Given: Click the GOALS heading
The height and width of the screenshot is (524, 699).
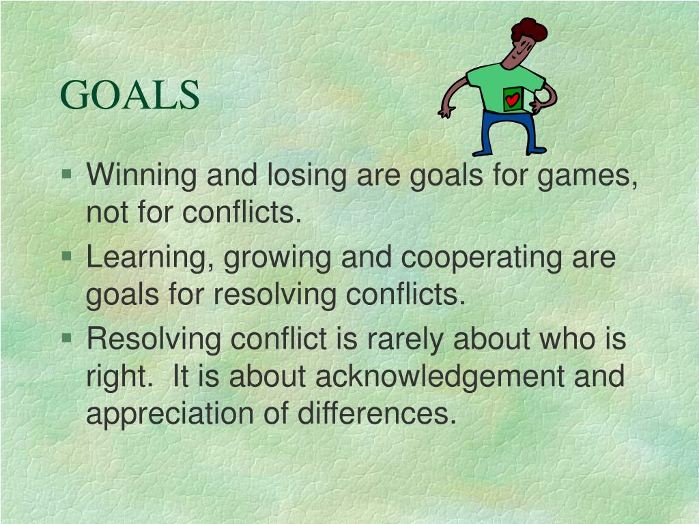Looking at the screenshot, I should (130, 95).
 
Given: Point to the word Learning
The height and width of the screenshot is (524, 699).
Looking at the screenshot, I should (151, 258).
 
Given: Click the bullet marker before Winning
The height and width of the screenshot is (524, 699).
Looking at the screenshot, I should (66, 175).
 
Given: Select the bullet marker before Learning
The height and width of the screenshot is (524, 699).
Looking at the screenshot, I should (66, 257).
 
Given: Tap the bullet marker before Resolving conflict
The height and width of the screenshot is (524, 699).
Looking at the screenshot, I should (66, 337).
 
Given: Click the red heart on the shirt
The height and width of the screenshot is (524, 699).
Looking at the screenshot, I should (513, 100).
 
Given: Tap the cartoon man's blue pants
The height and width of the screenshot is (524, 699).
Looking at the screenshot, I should (505, 130).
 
